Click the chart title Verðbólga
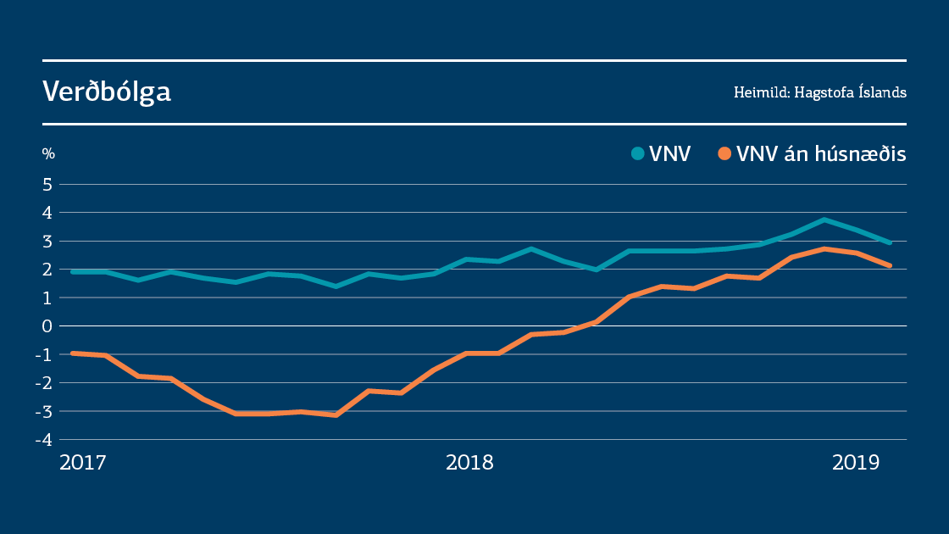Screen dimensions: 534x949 [107, 92]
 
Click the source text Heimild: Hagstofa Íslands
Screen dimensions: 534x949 [819, 92]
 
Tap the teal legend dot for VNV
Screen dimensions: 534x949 [637, 153]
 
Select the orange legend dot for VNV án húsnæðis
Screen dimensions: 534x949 [724, 153]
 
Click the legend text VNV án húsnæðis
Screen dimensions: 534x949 [821, 153]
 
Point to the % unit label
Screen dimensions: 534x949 [48, 153]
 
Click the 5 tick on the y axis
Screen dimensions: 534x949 [48, 184]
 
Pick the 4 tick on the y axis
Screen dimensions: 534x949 [48, 213]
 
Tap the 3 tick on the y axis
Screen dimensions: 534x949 [48, 241]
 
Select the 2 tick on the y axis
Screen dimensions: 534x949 [48, 270]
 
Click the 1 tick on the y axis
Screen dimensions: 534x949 [48, 298]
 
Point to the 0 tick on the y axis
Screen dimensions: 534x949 [48, 326]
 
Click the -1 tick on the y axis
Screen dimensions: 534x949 [45, 354]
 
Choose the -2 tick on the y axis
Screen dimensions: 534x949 [45, 383]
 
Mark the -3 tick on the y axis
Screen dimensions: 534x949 [45, 411]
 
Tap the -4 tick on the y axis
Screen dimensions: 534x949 [45, 440]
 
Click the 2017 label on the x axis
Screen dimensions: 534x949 [82, 463]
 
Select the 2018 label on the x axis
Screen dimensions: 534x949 [469, 463]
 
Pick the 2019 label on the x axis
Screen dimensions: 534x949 [857, 463]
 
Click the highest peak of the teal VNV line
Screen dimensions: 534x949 [824, 220]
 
